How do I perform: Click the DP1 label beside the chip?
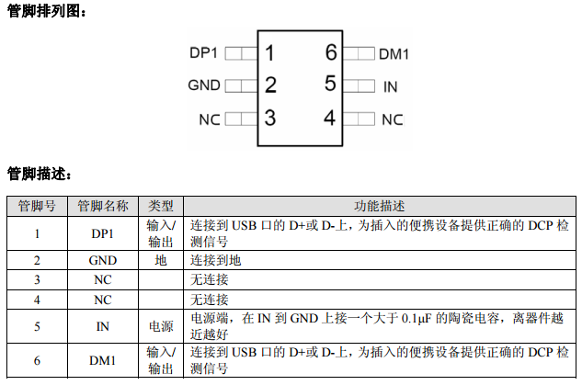203,53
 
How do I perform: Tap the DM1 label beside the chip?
394,54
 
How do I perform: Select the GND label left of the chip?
203,85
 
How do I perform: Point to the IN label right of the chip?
391,86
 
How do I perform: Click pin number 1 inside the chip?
269,52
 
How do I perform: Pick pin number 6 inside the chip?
330,52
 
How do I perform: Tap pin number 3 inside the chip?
269,118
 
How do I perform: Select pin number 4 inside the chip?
330,118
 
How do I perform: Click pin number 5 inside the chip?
330,85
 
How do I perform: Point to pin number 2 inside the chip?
269,85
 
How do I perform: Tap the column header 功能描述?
379,207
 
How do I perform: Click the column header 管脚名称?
103,207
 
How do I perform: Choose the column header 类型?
162,207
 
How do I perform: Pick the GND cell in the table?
103,260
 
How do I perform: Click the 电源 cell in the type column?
162,326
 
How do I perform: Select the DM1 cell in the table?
103,361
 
